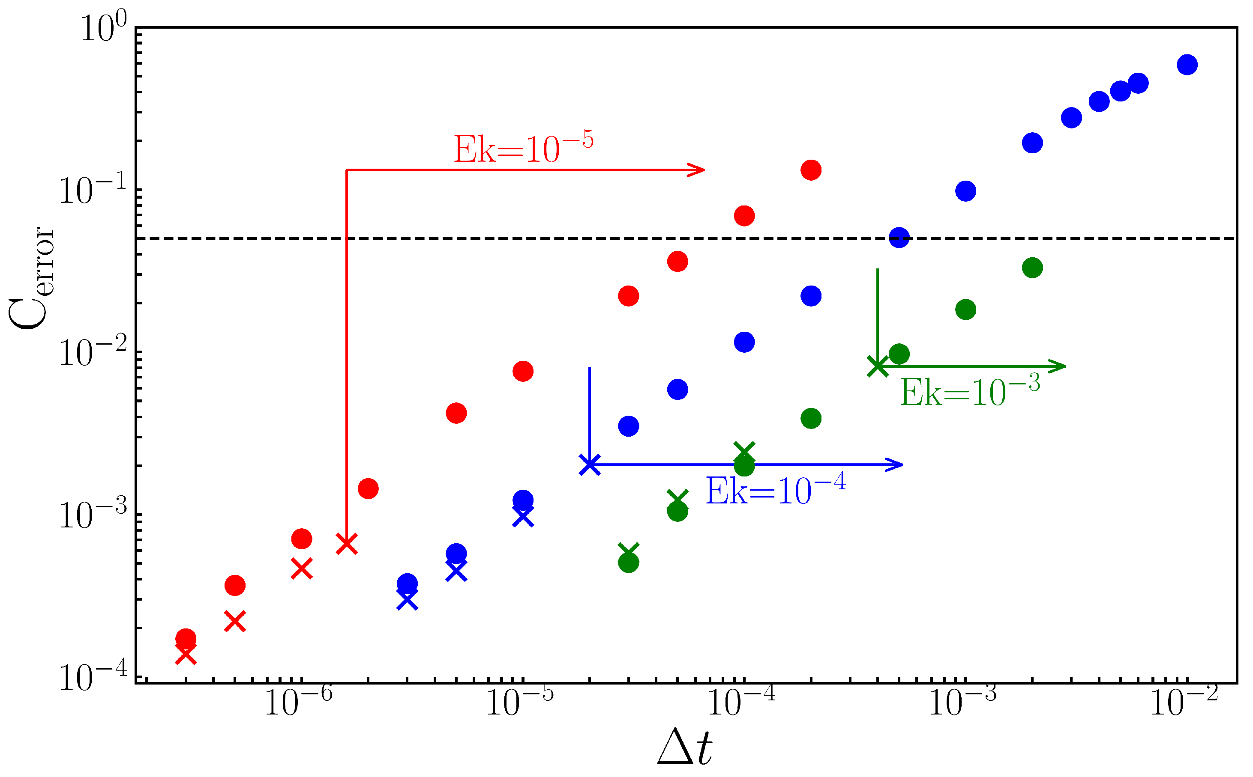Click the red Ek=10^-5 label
(x=523, y=149)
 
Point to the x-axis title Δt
(x=685, y=748)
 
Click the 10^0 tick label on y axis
(x=103, y=28)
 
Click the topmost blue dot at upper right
(x=1187, y=65)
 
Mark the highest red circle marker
(x=811, y=170)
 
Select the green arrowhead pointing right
(x=1058, y=366)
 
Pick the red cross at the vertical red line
(x=347, y=544)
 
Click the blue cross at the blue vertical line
(x=590, y=465)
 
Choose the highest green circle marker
(x=1032, y=268)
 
